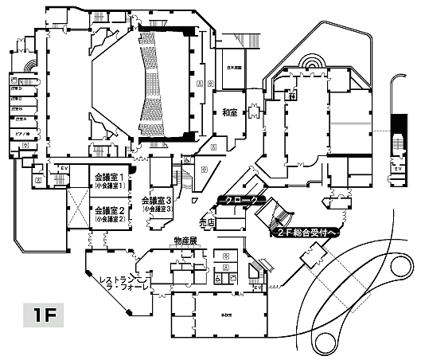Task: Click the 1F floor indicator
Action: (43, 314)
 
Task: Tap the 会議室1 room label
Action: (111, 178)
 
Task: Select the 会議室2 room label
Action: (111, 212)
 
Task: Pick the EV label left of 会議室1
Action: (63, 169)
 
